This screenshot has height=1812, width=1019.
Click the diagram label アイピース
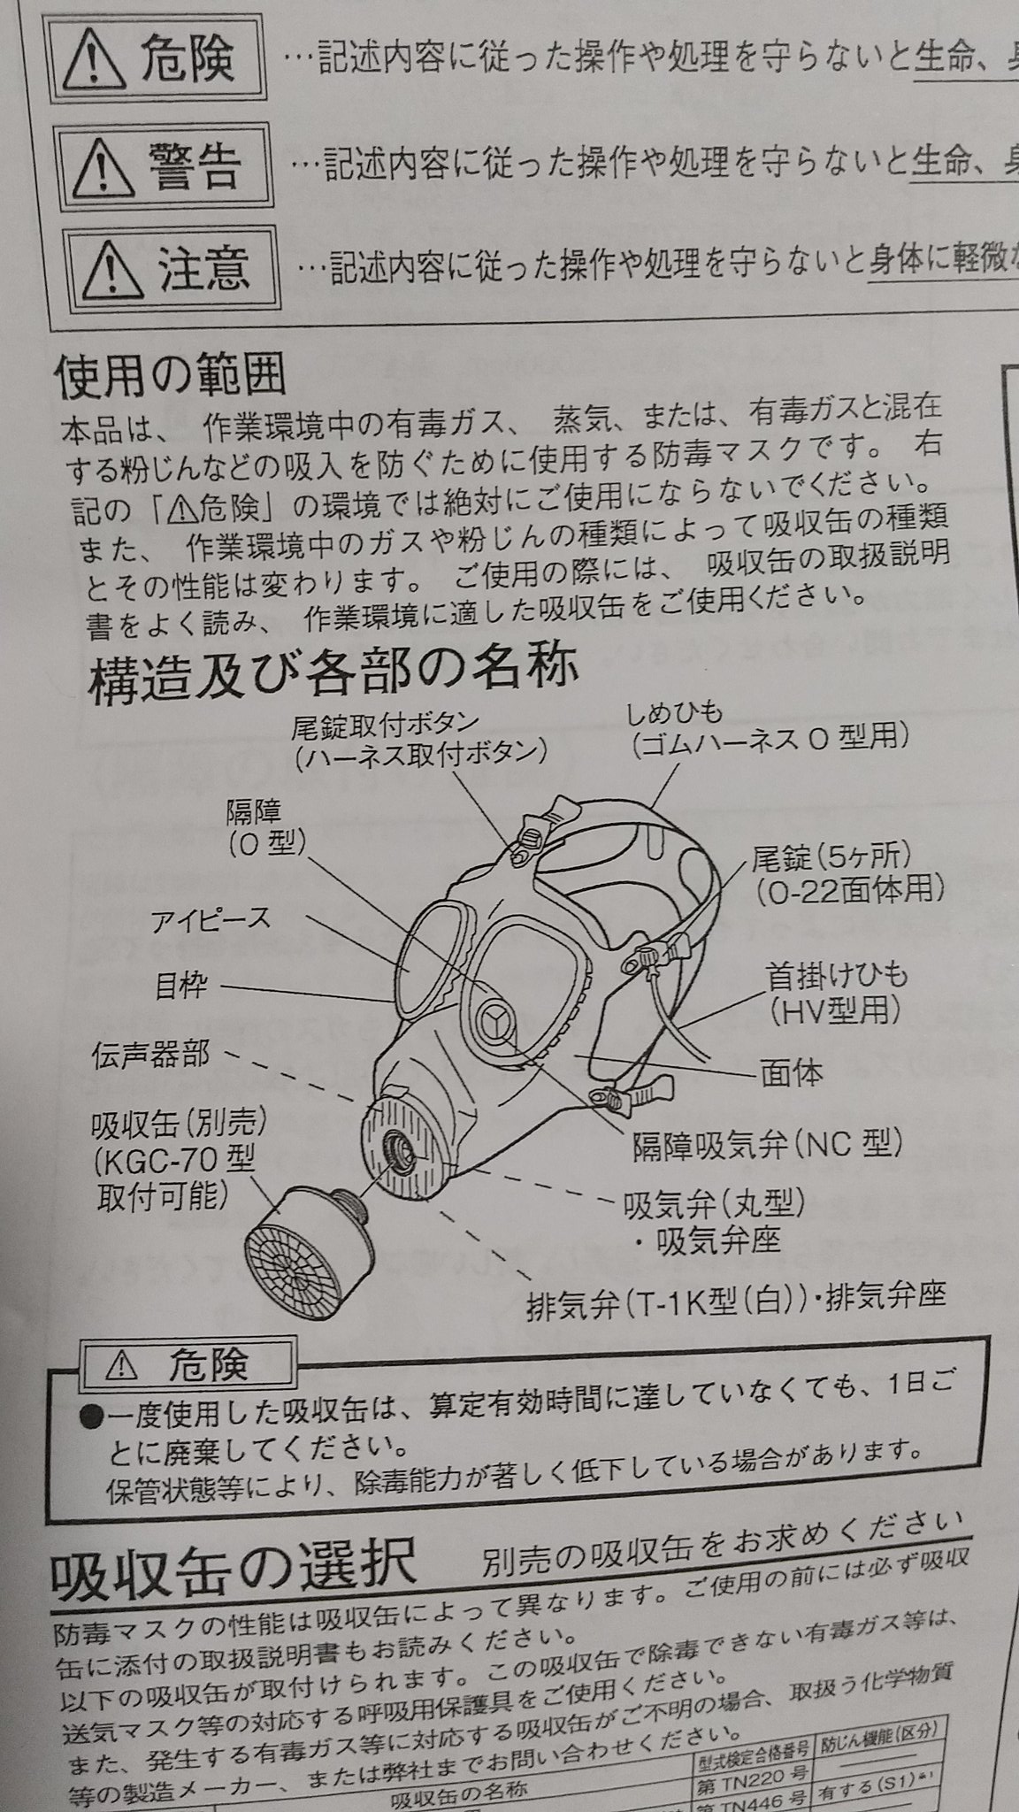210,918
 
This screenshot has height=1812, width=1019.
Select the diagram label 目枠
182,985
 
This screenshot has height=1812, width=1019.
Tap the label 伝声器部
151,1055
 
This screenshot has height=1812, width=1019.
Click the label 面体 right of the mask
791,1073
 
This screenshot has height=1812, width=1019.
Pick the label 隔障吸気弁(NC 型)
765,1145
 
